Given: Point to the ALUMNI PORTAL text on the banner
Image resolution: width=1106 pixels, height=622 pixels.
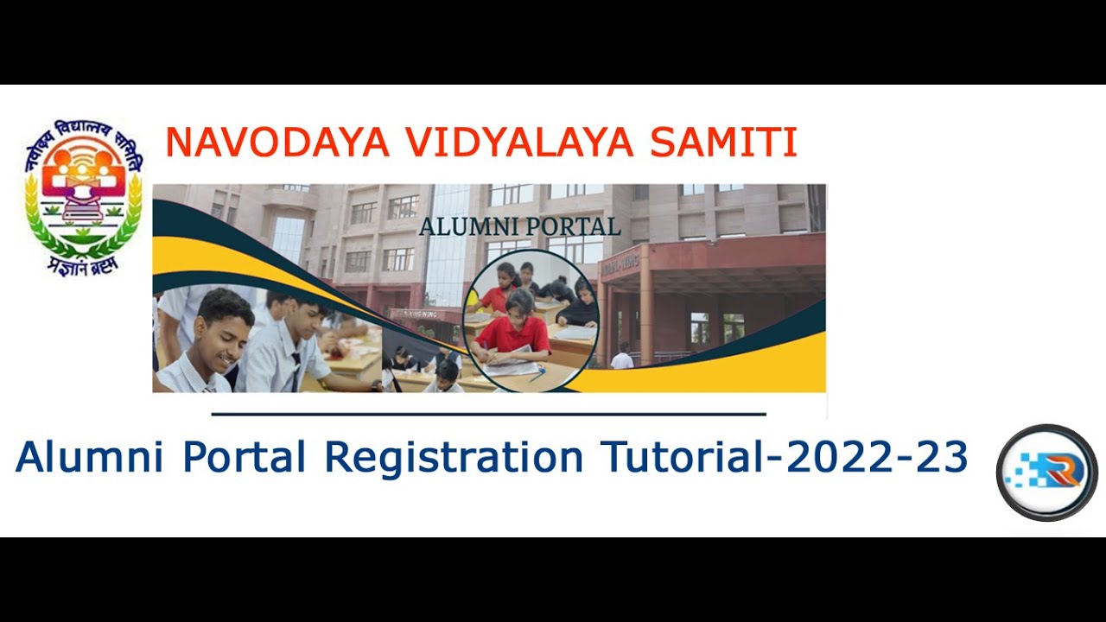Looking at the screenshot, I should point(519,227).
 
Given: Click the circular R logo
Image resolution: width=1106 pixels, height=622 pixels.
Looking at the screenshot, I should point(1046,473).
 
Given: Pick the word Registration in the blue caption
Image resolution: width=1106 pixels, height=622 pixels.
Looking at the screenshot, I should point(454,457).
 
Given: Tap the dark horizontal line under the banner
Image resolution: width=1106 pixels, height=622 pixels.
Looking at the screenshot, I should point(488,414).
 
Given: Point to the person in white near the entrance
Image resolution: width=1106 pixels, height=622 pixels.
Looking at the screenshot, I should point(622,357).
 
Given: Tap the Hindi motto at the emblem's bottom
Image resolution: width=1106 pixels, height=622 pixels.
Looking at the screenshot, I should point(84,264).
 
